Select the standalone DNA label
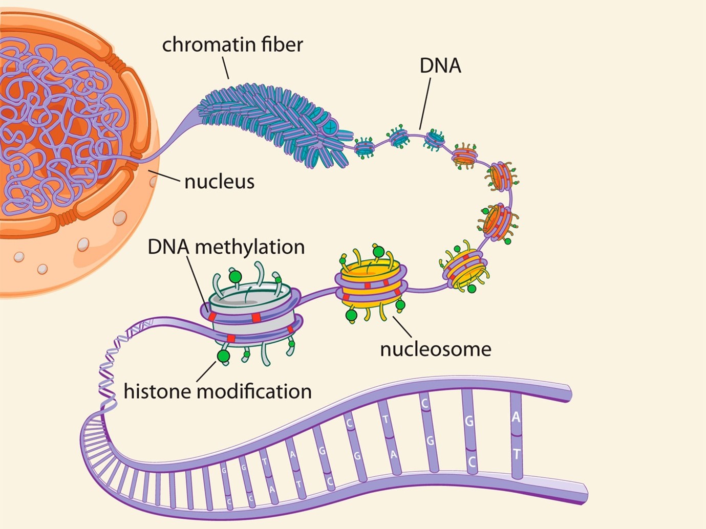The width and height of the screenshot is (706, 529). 440,66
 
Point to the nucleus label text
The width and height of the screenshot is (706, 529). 219,182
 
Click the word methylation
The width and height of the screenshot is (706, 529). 250,247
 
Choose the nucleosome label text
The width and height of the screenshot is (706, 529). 435,349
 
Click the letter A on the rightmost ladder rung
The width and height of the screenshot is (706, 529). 516,417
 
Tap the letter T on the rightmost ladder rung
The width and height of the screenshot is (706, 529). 517,454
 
